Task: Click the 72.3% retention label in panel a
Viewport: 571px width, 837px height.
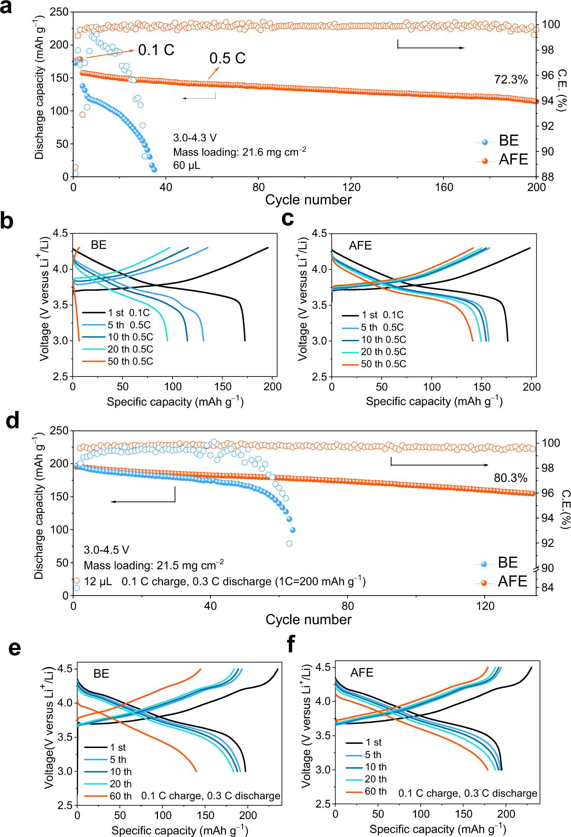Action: tap(511, 80)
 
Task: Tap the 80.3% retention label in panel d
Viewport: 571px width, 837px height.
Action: tap(510, 478)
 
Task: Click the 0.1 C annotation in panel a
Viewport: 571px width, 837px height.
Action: tap(156, 50)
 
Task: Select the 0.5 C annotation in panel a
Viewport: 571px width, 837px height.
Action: tap(227, 58)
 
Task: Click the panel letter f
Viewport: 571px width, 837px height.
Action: tap(291, 644)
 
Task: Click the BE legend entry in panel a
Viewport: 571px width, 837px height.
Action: tap(508, 141)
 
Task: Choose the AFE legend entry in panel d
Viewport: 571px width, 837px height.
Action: tap(512, 581)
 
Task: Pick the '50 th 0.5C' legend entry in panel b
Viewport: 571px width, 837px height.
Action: tap(130, 361)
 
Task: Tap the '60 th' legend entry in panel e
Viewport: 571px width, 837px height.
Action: tap(120, 796)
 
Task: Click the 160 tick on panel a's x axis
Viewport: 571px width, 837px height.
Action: tap(444, 187)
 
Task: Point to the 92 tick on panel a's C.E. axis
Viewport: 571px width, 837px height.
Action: tap(547, 126)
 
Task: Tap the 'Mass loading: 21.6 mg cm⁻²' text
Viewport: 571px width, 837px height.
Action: tap(239, 152)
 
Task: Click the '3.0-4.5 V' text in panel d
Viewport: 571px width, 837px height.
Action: tap(106, 550)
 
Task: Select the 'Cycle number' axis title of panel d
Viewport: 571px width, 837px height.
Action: tap(308, 619)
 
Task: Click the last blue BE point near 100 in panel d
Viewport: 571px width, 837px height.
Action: tap(293, 530)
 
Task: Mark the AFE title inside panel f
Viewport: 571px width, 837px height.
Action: tap(361, 672)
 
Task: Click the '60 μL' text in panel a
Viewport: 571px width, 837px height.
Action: tap(187, 165)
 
